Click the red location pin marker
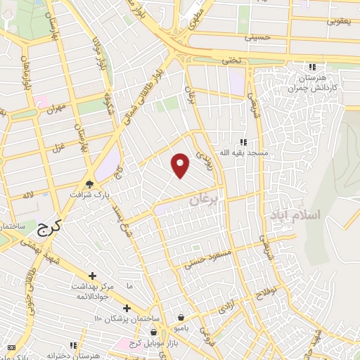(x=181, y=165)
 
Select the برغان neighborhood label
(x=205, y=202)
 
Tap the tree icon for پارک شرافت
(x=89, y=183)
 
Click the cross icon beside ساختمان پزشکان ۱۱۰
(x=127, y=308)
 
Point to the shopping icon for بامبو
(x=181, y=316)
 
